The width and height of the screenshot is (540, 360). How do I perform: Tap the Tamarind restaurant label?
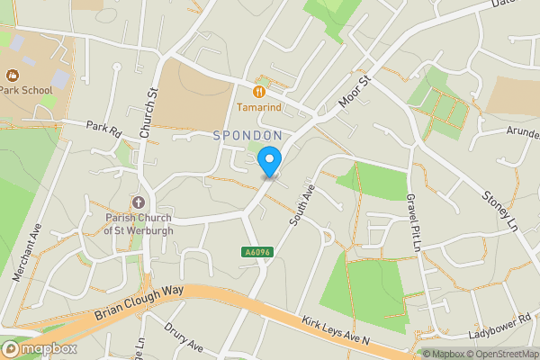coord(259,107)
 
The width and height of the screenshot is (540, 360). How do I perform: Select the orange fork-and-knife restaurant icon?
coord(259,91)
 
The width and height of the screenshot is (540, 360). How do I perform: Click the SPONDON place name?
coord(247,135)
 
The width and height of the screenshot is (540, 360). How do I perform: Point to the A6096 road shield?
coord(256,251)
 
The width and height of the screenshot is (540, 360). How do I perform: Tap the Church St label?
coord(148,112)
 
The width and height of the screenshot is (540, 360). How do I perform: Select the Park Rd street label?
coord(103,129)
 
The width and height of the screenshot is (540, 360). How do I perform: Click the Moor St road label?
coord(355,93)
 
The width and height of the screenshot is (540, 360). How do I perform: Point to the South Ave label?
coord(301,206)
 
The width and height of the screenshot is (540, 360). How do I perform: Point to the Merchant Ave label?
coord(28,254)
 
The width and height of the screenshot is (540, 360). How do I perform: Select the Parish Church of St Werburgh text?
coord(138,222)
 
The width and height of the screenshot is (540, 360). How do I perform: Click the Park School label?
coord(26,89)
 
